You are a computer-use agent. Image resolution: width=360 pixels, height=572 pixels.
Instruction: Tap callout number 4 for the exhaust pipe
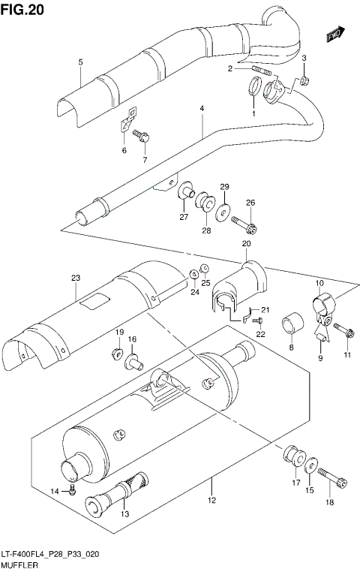tap(202, 110)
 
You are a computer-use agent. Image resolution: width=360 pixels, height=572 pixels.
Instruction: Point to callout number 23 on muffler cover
tap(75, 278)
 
